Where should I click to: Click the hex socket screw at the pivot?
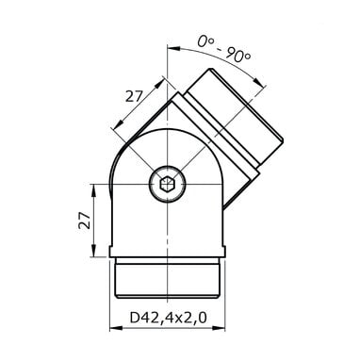(167, 184)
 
